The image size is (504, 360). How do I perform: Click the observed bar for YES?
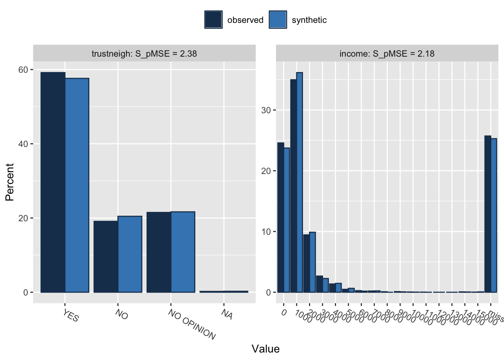[x=53, y=182]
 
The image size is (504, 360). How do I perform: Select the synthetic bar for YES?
[x=77, y=185]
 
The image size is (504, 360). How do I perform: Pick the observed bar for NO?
[x=106, y=256]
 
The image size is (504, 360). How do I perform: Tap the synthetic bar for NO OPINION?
[x=183, y=252]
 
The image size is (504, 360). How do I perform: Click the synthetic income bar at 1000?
[x=299, y=182]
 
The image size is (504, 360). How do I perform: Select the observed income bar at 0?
[x=280, y=217]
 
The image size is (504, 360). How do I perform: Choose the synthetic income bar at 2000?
[x=312, y=262]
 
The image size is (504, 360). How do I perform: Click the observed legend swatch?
[x=213, y=19]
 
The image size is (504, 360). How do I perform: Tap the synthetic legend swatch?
[x=278, y=19]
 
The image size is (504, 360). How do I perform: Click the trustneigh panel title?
[x=144, y=54]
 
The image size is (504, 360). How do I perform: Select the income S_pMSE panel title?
[x=387, y=54]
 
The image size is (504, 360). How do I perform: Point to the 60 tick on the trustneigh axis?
[x=23, y=70]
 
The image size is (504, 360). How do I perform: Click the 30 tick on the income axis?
[x=266, y=110]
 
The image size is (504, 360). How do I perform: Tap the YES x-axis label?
[x=71, y=316]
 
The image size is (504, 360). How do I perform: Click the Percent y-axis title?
[x=10, y=182]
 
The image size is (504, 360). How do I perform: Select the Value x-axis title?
[x=265, y=349]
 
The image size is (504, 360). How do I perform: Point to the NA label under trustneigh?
[x=227, y=314]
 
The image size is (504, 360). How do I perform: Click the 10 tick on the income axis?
[x=266, y=232]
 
